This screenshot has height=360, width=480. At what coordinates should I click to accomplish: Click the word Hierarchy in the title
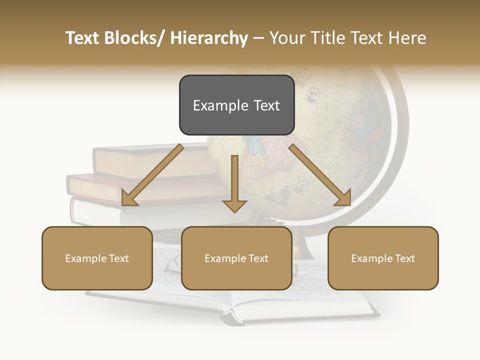[209, 38]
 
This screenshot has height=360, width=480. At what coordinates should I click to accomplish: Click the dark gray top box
[236, 105]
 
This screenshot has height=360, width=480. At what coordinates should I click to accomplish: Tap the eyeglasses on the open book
[172, 262]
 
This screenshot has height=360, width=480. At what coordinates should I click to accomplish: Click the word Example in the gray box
[214, 105]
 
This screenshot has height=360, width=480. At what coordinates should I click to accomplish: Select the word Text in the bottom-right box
[404, 258]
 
